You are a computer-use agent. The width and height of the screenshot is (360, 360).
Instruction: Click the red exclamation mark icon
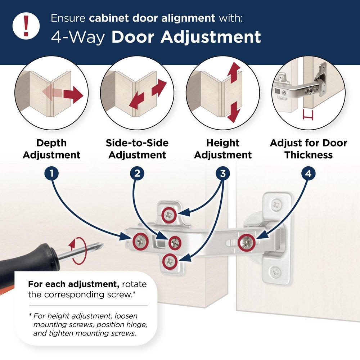coord(26,25)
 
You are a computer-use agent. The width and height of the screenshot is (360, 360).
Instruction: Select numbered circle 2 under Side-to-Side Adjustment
coord(137,174)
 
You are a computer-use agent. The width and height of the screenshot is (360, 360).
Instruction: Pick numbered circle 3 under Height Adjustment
coord(223,174)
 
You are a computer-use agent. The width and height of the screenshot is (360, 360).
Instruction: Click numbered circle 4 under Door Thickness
coord(308,174)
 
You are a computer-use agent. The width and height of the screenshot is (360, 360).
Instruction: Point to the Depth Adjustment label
coord(52,149)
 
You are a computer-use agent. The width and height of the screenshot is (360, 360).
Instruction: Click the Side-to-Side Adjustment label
coord(137,149)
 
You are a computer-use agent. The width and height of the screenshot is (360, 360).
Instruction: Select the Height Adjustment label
coord(223,149)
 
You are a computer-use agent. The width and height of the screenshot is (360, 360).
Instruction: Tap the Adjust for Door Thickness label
coord(309,149)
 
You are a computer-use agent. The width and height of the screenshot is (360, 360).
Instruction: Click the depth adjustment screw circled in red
coord(141,239)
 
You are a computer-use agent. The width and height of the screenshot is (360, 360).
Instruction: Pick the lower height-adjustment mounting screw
coord(170,261)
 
